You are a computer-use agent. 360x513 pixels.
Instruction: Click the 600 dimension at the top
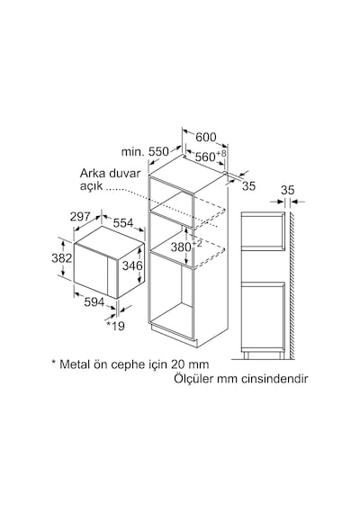[206, 137]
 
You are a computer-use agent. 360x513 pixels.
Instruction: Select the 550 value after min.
[158, 152]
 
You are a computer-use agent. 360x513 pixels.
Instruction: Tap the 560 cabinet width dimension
[205, 157]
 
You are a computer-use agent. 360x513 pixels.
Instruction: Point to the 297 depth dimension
[80, 216]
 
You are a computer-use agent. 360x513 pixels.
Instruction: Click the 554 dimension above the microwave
[123, 223]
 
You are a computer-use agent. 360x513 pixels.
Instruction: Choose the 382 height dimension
[61, 258]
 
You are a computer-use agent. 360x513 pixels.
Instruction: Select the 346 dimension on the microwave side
[132, 265]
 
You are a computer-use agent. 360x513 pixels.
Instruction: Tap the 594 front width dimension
[94, 302]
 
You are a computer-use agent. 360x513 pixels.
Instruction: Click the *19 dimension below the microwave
[116, 326]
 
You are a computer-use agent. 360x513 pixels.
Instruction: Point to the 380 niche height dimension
[181, 247]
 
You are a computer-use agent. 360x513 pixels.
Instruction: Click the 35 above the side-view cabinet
[288, 190]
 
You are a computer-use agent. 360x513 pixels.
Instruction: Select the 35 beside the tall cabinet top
[248, 185]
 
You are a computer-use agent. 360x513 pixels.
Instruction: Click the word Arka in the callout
[92, 173]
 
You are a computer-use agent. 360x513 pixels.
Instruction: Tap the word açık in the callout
[91, 185]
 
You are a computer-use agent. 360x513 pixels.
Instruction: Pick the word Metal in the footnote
[75, 364]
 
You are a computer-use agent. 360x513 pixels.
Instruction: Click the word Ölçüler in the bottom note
[193, 379]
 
